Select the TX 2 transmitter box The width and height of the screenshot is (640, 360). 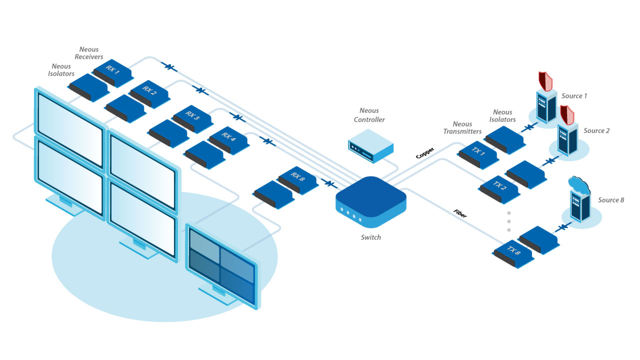(500, 189)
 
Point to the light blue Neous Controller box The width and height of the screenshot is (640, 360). (370, 144)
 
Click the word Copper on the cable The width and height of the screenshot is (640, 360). (425, 152)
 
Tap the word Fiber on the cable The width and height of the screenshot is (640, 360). (460, 212)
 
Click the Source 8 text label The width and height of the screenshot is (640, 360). (611, 200)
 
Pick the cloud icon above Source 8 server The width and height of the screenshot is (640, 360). (579, 185)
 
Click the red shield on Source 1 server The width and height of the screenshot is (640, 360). (545, 81)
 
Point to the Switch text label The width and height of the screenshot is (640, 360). (370, 237)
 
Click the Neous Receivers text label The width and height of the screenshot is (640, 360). (89, 53)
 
